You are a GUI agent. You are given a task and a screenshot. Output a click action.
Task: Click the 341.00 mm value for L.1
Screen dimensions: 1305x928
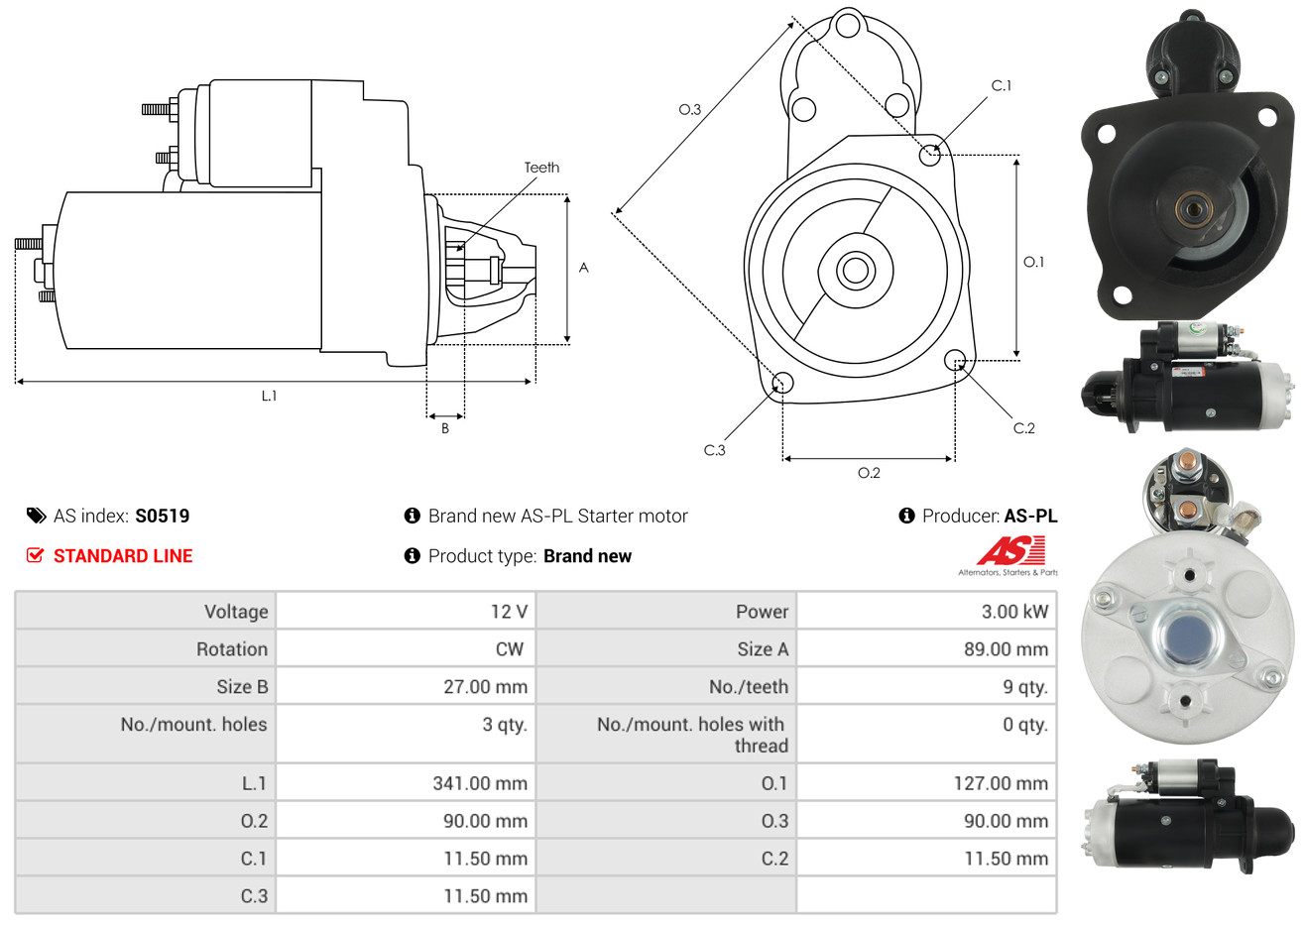click(480, 783)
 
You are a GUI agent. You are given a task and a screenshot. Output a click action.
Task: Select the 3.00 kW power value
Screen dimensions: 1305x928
click(1014, 611)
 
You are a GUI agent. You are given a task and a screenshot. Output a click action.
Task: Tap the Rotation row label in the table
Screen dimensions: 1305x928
click(232, 649)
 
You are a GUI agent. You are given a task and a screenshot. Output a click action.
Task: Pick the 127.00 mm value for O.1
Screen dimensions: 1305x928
click(1001, 783)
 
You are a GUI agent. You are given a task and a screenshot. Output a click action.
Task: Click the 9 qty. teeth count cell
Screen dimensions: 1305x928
click(1024, 687)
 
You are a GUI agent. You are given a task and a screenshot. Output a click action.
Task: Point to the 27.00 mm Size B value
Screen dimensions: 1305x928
click(485, 687)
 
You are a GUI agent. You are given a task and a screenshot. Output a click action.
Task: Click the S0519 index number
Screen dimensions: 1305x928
click(162, 516)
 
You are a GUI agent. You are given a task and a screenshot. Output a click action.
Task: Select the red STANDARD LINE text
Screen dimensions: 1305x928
click(123, 556)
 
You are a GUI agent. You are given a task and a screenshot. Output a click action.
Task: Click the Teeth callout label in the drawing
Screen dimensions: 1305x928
click(541, 168)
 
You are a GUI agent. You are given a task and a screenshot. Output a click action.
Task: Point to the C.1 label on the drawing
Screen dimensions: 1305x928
click(1001, 85)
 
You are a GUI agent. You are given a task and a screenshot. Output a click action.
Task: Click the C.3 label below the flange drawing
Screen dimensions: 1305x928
click(714, 450)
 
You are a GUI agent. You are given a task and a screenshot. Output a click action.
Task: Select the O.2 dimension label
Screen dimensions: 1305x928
click(869, 473)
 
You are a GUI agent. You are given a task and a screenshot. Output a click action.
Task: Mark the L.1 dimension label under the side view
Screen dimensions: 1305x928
click(269, 397)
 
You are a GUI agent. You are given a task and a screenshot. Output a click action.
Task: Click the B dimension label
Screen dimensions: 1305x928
click(445, 428)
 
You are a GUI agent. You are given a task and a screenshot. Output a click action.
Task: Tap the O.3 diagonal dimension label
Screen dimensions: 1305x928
click(690, 109)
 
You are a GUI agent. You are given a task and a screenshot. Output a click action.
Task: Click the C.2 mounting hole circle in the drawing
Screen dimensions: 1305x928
click(955, 360)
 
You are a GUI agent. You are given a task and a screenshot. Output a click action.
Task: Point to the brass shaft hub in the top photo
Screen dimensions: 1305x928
click(1194, 210)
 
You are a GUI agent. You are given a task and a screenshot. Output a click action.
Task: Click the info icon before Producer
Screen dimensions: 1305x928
click(906, 516)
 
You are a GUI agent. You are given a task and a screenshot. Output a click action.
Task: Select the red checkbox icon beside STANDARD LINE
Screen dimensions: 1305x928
click(35, 555)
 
